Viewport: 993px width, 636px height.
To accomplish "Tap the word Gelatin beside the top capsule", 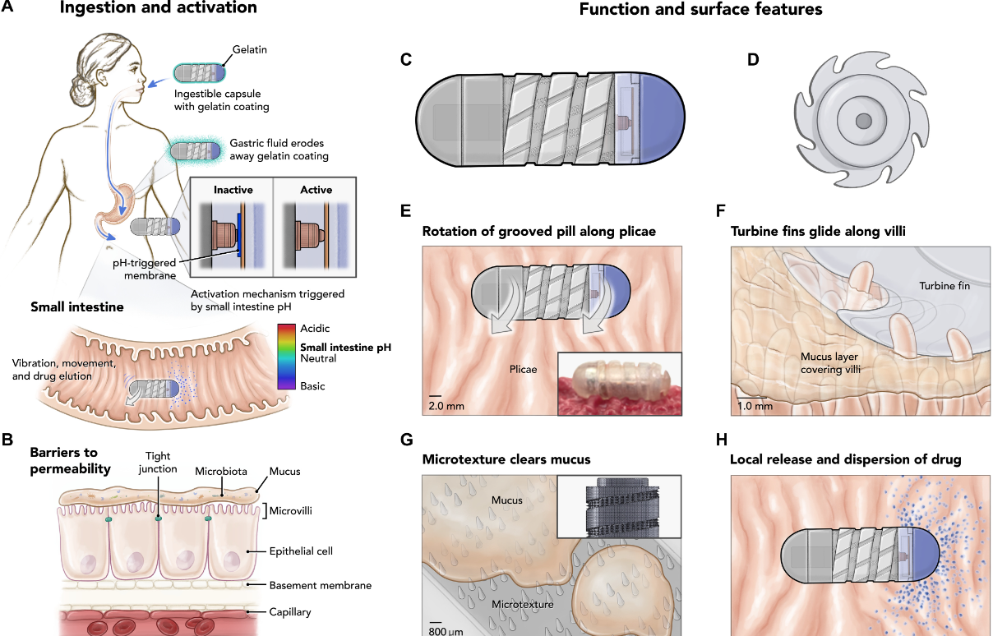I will (x=250, y=50).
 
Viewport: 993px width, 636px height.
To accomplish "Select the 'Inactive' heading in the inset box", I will (x=233, y=190).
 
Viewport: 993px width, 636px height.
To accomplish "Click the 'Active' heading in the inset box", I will (x=316, y=190).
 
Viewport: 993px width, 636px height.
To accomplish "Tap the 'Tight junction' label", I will (x=158, y=463).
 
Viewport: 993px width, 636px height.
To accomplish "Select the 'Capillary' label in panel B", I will (x=290, y=611).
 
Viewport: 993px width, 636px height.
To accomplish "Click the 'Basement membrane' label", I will (x=321, y=585).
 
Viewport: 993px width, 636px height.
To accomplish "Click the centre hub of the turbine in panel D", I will (x=863, y=122).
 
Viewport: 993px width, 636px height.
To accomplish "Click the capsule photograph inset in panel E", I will (x=619, y=385).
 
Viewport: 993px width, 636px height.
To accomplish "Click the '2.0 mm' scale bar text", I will (x=446, y=405).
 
